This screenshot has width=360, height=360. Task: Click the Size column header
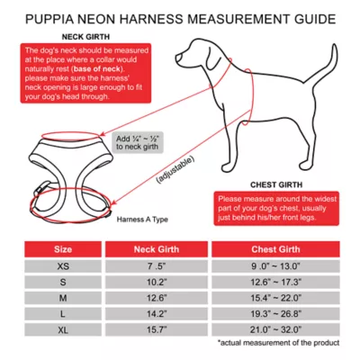[x=64, y=248]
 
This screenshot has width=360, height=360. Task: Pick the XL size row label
[x=64, y=329]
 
